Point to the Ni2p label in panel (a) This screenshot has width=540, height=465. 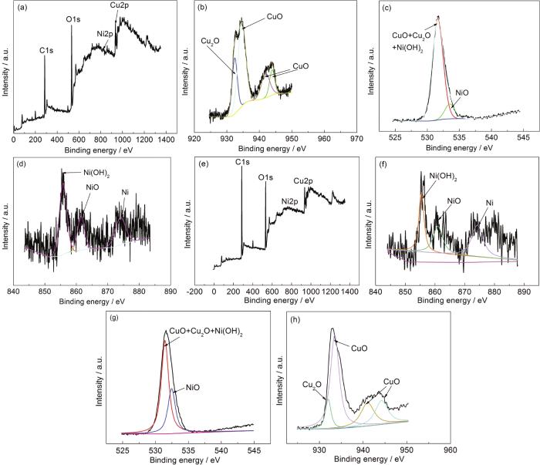click(104, 35)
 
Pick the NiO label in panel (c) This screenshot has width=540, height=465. click(462, 92)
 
